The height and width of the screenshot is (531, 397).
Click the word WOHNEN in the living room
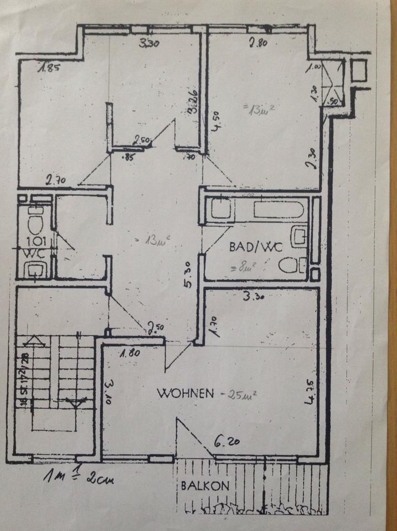(185, 394)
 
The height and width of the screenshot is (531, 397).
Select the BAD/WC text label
(252, 247)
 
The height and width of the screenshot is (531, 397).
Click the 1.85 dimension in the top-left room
(49, 69)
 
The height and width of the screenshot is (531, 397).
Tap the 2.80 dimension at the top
(257, 41)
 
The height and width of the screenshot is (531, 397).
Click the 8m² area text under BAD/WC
(242, 269)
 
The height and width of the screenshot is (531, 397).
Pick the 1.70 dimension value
(212, 324)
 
